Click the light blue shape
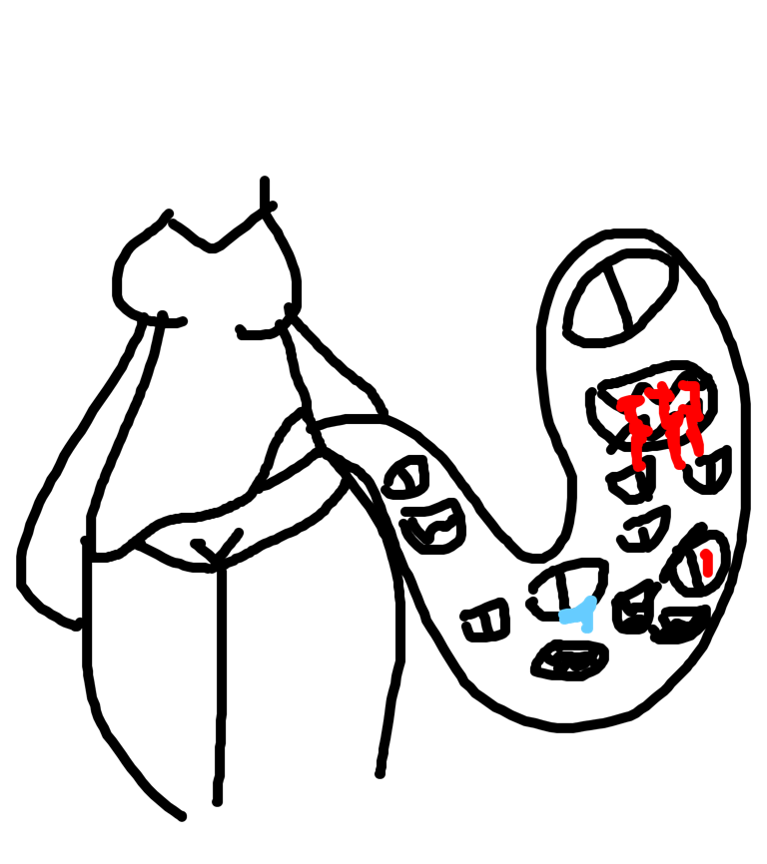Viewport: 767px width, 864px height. [580, 614]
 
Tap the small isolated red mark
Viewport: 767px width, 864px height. [706, 563]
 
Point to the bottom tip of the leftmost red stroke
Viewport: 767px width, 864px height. [639, 466]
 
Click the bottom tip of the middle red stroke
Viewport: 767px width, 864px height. [679, 465]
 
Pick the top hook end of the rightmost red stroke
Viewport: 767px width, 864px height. [683, 385]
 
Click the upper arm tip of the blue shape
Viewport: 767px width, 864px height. [591, 601]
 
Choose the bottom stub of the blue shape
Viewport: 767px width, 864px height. [587, 630]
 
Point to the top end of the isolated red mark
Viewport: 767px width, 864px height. [705, 552]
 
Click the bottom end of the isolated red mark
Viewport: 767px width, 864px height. [707, 574]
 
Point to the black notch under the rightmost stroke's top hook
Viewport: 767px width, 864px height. [688, 396]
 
